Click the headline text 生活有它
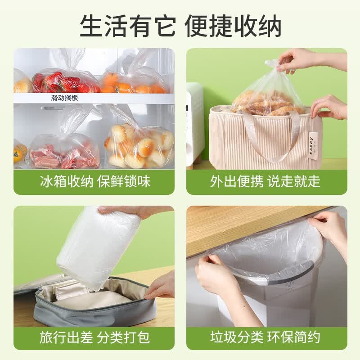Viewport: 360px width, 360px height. (x=128, y=26)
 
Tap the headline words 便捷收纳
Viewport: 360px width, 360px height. (x=233, y=26)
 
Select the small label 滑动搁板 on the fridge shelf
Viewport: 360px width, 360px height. (x=64, y=98)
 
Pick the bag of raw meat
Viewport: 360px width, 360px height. (x=64, y=153)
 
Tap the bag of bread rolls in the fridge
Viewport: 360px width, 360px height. (x=139, y=144)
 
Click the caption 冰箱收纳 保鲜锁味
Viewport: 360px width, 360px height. (x=95, y=182)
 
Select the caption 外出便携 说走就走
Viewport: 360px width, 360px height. (x=265, y=182)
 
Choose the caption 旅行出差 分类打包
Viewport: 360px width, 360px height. (x=94, y=337)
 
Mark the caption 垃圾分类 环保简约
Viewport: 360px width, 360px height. (x=265, y=337)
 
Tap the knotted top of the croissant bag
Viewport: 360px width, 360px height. (x=274, y=64)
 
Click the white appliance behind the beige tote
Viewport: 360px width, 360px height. (x=195, y=124)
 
